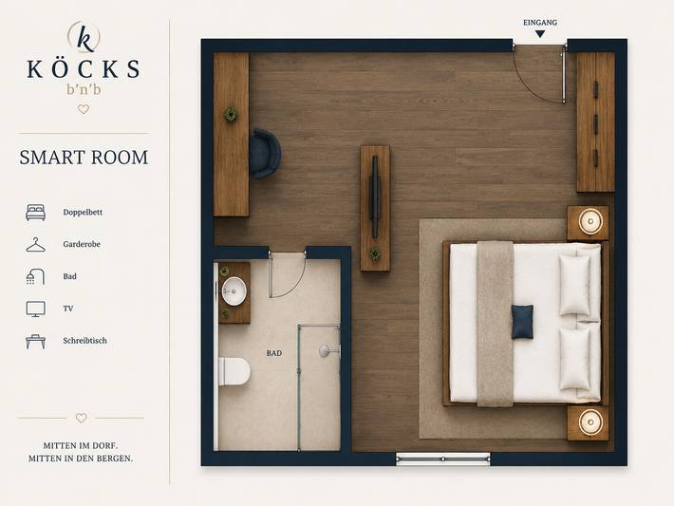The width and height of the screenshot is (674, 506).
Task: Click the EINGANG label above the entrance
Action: pyautogui.click(x=540, y=23)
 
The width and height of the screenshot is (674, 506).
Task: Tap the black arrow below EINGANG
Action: pyautogui.click(x=540, y=34)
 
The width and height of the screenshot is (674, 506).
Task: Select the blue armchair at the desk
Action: pyautogui.click(x=265, y=153)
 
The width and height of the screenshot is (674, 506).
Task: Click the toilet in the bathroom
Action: pyautogui.click(x=234, y=371)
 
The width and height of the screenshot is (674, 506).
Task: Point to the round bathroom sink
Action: pyautogui.click(x=234, y=291)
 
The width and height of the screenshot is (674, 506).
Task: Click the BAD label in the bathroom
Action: pyautogui.click(x=274, y=353)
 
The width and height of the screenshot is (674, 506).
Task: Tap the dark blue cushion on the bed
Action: pyautogui.click(x=522, y=322)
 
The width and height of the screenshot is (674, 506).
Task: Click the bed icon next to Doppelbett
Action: pyautogui.click(x=36, y=213)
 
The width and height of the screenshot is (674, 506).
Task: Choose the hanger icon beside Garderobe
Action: pyautogui.click(x=35, y=245)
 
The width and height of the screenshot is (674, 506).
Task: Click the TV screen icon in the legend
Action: pyautogui.click(x=35, y=309)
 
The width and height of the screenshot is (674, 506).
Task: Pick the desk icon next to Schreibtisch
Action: pyautogui.click(x=35, y=342)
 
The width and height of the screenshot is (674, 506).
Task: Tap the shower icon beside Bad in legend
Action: pyautogui.click(x=35, y=277)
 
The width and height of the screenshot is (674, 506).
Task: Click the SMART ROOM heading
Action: pyautogui.click(x=84, y=158)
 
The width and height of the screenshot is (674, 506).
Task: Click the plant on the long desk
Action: pyautogui.click(x=231, y=114)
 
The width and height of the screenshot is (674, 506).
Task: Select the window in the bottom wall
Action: pyautogui.click(x=442, y=459)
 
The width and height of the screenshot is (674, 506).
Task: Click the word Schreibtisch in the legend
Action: pyautogui.click(x=84, y=341)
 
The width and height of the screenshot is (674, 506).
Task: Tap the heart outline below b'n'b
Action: pyautogui.click(x=84, y=109)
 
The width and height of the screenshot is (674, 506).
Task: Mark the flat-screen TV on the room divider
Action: pyautogui.click(x=375, y=197)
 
